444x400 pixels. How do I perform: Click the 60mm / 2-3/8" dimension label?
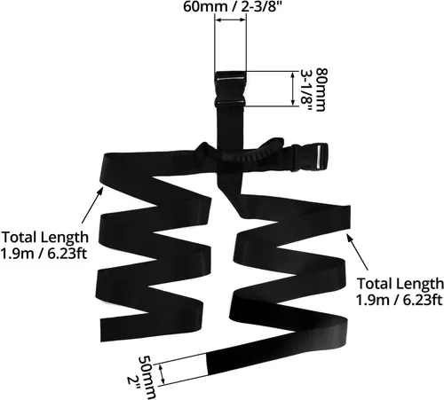231,6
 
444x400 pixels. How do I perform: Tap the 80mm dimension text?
322,90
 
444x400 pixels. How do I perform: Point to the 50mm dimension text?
147,377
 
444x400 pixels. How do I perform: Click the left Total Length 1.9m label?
44,246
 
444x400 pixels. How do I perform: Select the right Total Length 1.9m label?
400,292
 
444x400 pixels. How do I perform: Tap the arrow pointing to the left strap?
92,206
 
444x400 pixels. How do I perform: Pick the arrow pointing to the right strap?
358,252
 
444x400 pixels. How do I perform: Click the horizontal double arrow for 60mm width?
230,20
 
